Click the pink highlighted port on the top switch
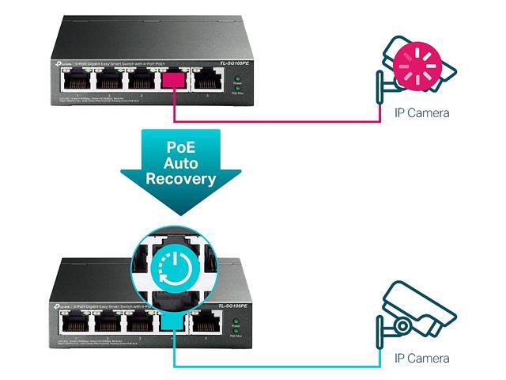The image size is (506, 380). [173, 80]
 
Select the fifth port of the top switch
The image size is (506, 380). [207, 80]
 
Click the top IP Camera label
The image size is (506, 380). [421, 112]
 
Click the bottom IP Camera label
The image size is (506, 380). [421, 359]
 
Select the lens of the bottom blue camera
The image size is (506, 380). [403, 325]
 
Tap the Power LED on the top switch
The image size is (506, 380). [236, 79]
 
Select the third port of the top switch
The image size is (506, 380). [140, 80]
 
